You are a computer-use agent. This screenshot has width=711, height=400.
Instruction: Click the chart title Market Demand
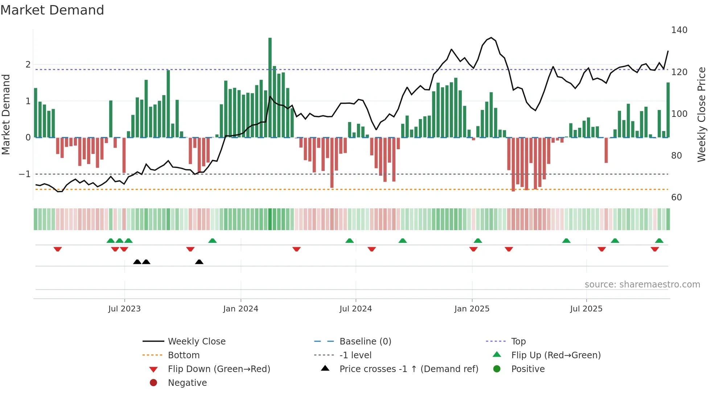[52, 10]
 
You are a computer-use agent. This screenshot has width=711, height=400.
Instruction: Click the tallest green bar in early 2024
[270, 87]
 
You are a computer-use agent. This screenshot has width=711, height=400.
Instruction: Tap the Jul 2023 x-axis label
[124, 309]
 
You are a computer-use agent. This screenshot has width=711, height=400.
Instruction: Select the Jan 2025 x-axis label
[472, 309]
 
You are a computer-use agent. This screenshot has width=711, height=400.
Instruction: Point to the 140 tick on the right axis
[679, 30]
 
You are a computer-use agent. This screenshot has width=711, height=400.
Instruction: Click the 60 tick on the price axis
[677, 197]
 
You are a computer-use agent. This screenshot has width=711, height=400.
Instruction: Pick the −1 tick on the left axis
[25, 174]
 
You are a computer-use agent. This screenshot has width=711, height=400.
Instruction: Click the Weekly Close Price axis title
[702, 114]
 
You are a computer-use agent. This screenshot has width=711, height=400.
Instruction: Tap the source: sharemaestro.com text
[642, 285]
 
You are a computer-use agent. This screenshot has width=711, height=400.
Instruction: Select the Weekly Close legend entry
[196, 342]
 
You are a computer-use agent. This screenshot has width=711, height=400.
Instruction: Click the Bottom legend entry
[184, 355]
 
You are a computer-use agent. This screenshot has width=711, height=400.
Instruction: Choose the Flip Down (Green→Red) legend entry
[219, 369]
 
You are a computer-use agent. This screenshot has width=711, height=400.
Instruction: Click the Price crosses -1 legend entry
[408, 369]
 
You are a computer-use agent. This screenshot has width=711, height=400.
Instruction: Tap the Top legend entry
[518, 342]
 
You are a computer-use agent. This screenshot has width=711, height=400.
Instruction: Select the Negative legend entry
[187, 383]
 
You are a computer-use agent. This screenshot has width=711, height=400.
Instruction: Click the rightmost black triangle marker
[199, 262]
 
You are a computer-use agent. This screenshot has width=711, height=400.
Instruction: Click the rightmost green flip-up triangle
[659, 241]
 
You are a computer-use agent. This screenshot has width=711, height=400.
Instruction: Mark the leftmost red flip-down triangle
[58, 249]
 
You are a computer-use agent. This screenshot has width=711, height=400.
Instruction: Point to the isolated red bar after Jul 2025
[606, 150]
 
